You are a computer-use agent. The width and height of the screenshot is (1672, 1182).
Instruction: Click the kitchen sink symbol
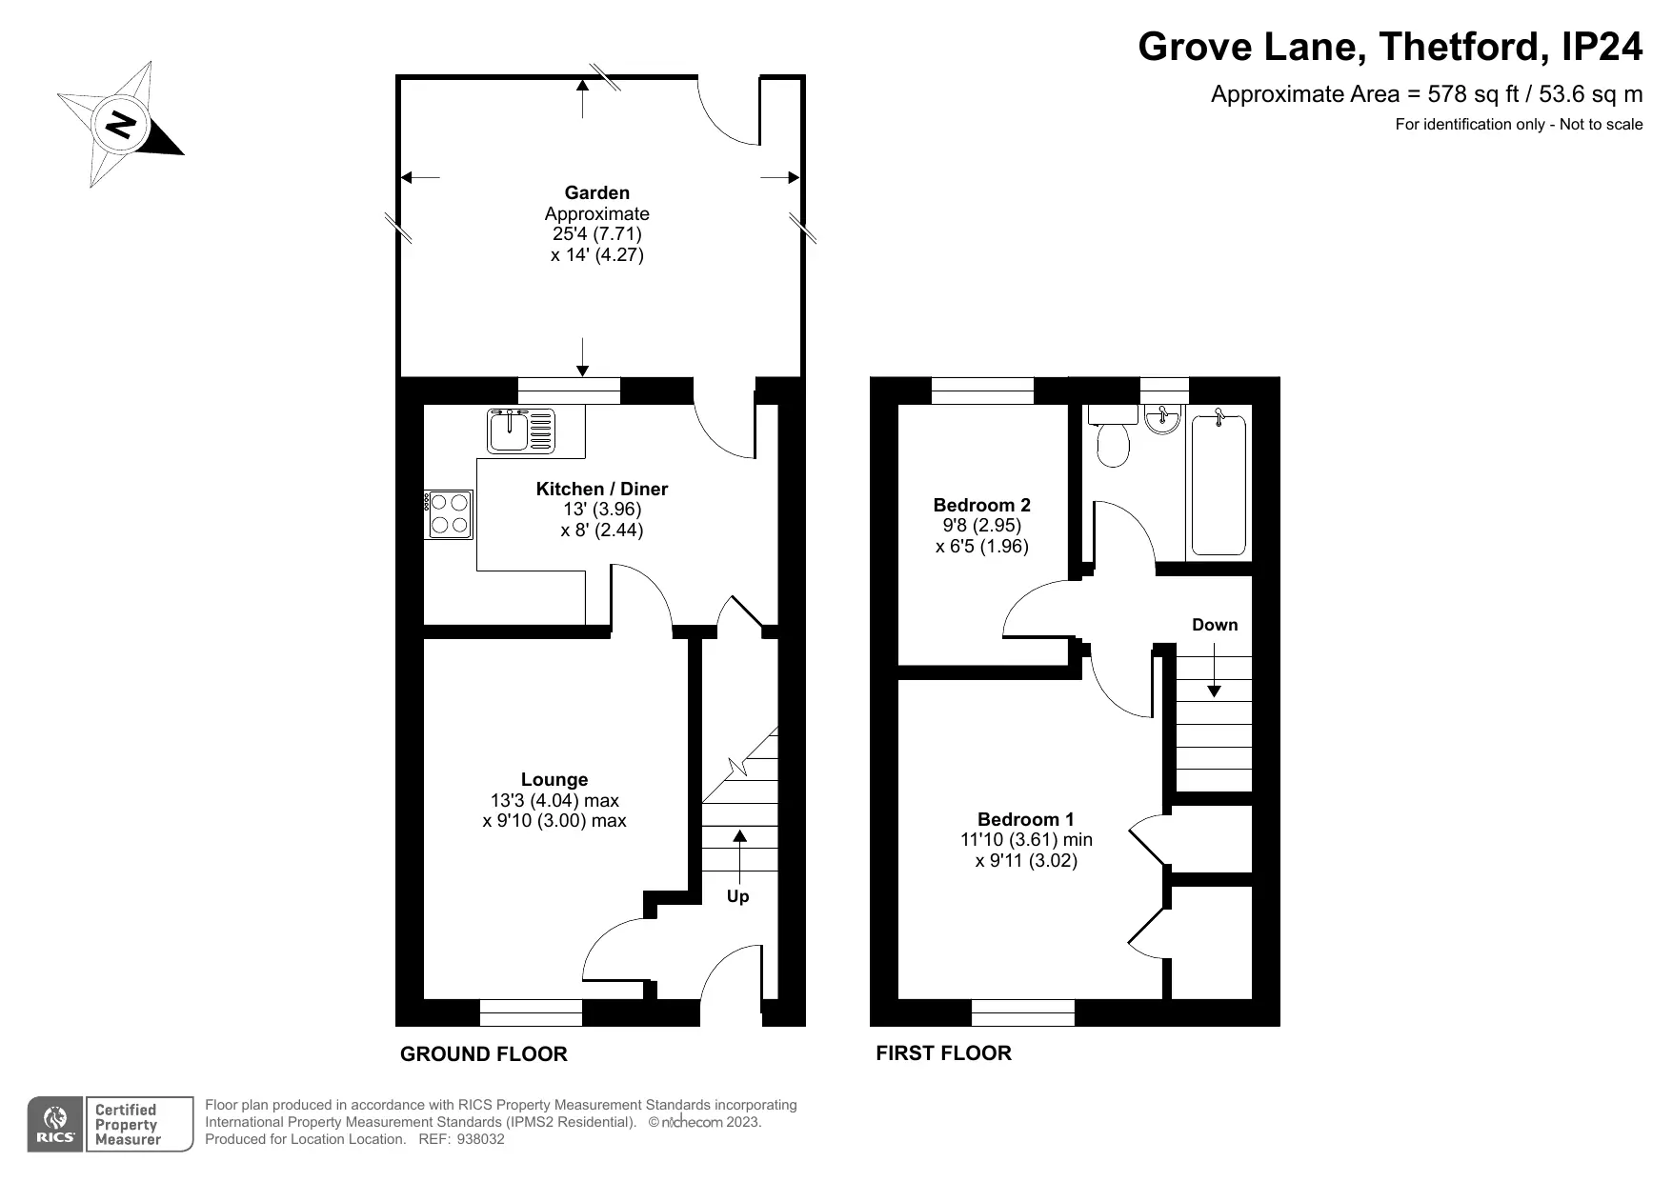[520, 430]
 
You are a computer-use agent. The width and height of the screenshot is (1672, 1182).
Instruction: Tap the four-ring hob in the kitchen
[449, 514]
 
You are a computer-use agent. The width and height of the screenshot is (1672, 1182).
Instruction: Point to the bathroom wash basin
[1162, 418]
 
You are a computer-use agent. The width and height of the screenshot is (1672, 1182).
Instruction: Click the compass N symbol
[121, 124]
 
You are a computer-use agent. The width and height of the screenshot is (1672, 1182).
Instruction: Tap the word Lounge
[554, 779]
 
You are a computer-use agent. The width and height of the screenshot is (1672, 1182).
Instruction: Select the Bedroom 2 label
[981, 505]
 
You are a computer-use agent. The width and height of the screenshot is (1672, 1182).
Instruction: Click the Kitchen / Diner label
[602, 489]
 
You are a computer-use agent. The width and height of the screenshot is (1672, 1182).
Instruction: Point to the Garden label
[597, 192]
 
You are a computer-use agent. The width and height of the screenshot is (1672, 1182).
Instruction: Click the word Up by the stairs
[738, 897]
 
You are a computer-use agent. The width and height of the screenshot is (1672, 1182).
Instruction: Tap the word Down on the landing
[1215, 625]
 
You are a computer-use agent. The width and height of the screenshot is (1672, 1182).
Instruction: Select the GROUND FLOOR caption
[484, 1053]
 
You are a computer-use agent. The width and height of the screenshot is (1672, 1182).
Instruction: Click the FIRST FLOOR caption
[944, 1052]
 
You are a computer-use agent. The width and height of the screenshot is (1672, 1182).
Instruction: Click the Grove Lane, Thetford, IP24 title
[1391, 46]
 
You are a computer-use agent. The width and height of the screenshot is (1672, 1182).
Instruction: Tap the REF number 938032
[481, 1139]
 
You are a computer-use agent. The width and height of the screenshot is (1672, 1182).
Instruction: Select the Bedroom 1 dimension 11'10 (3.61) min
[1026, 840]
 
